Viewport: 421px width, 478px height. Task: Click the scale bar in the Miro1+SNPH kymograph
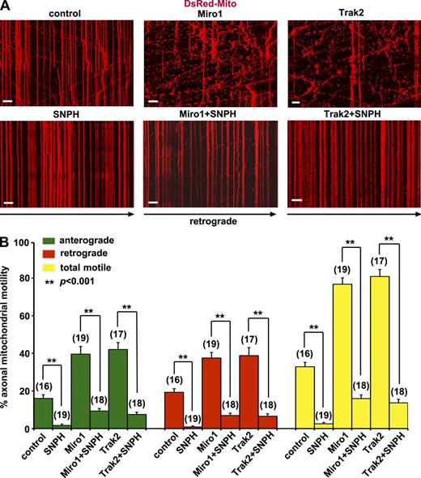click(x=153, y=199)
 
